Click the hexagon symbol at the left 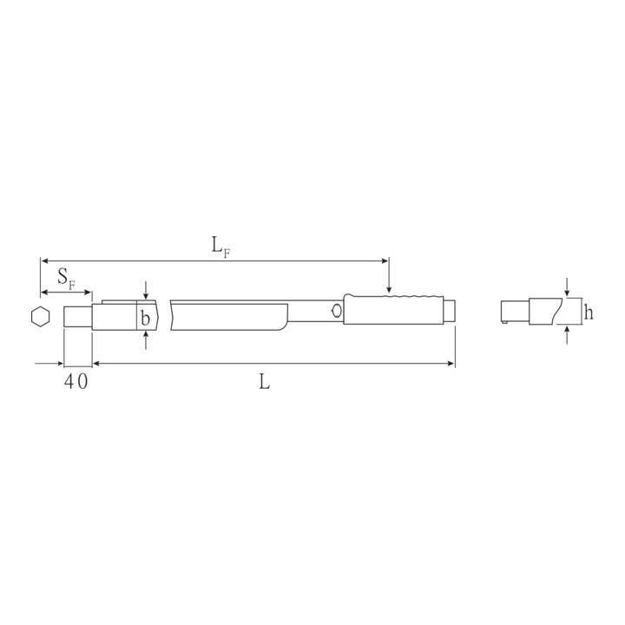(40, 317)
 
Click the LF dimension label (220, 248)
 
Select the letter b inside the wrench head (146, 319)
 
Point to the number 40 (76, 381)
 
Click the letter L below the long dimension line (264, 382)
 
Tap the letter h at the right (589, 312)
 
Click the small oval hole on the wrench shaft (337, 311)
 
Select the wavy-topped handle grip (393, 310)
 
